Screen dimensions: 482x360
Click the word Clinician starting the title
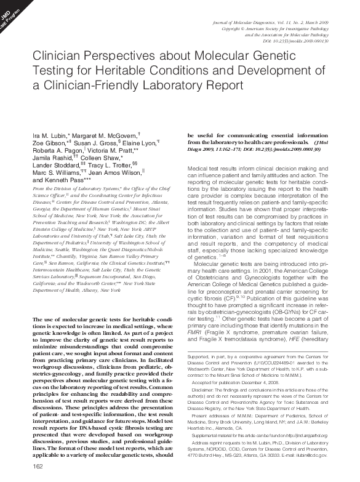[58, 55]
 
